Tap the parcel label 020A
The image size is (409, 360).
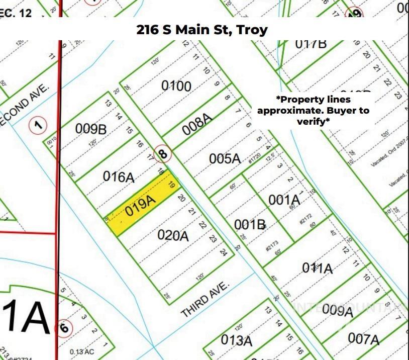tap(173, 235)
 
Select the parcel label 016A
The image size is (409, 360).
tap(119, 176)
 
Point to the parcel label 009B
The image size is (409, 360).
tap(91, 129)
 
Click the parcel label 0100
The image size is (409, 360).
tap(176, 86)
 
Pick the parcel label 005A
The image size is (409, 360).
tap(225, 158)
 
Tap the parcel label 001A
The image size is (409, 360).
tap(284, 200)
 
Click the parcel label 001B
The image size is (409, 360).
tap(250, 224)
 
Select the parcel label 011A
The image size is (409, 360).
tap(317, 268)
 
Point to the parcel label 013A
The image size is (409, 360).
tap(236, 340)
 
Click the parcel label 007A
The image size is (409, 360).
tap(363, 339)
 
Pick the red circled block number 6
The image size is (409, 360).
tap(63, 328)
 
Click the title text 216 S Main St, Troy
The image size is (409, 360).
tap(202, 30)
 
